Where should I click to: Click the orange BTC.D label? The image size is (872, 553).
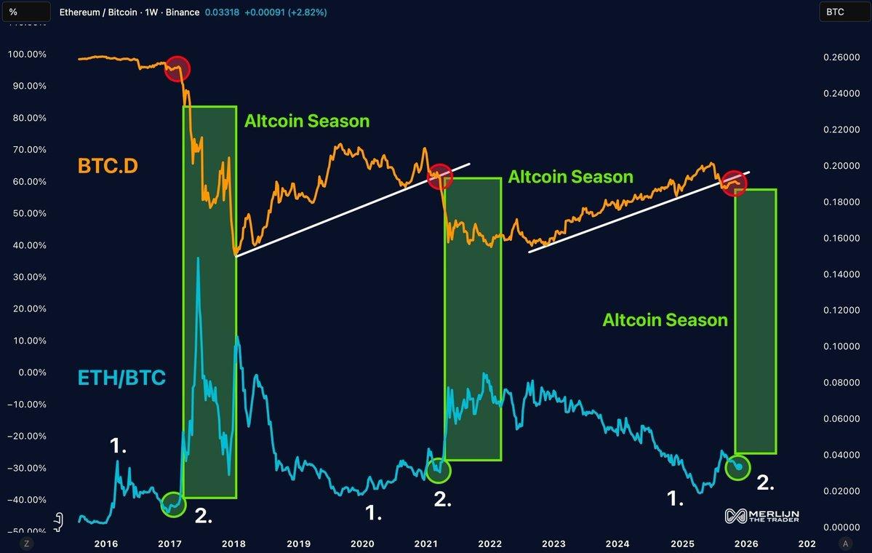point(108,166)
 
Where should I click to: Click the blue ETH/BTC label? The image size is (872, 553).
point(121,378)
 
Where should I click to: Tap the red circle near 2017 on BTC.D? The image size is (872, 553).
point(177,69)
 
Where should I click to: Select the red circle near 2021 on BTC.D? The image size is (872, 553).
point(439,176)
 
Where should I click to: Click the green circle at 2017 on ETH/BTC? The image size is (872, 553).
point(172,504)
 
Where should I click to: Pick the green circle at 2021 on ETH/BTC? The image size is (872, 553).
point(439,470)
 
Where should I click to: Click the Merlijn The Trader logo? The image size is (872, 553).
point(762,515)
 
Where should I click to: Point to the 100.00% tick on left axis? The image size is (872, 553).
point(26,55)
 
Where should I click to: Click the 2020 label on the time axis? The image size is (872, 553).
point(362,544)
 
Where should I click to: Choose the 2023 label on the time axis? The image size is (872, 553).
point(553,544)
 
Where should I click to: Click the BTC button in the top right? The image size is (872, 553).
point(841,12)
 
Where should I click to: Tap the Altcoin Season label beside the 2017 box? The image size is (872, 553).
point(306,122)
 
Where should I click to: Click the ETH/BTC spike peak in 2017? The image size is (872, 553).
point(198,259)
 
